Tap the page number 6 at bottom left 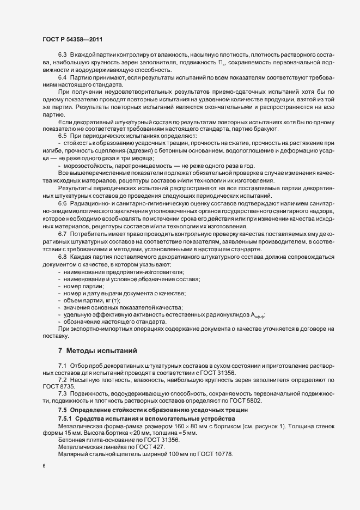(x=44, y=466)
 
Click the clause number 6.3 (x=62, y=57)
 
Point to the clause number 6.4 (x=62, y=79)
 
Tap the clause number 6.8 (x=62, y=256)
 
